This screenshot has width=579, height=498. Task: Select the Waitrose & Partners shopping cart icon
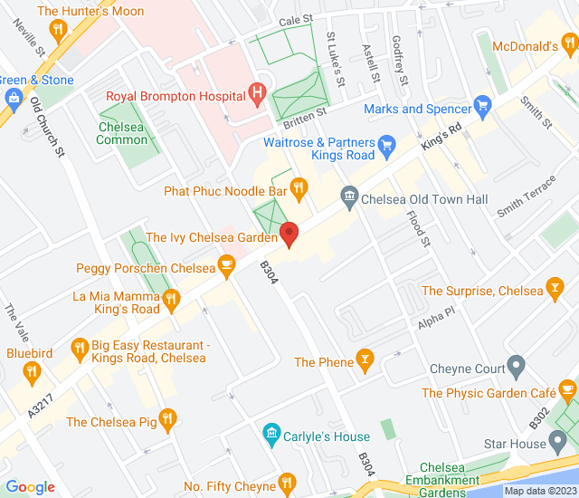(387, 143)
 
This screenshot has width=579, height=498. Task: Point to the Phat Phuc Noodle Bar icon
(299, 188)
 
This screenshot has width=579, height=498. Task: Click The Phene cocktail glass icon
(365, 360)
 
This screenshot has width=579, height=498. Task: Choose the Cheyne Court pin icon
(517, 367)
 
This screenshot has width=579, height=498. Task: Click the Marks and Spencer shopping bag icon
(482, 107)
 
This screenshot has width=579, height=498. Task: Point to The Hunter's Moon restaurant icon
(59, 32)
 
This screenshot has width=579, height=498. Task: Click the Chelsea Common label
(121, 133)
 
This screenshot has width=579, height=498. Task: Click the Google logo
(30, 487)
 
